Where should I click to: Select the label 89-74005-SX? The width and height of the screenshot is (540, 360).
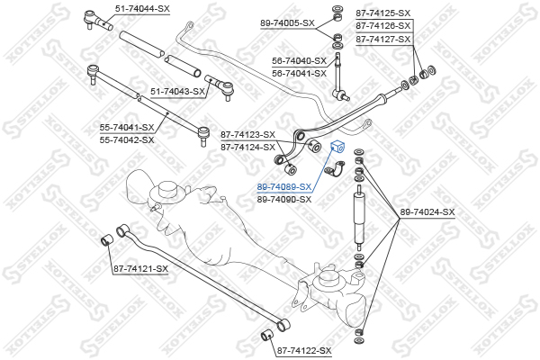[x=288, y=22]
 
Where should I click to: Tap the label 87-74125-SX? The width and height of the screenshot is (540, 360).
[x=382, y=13]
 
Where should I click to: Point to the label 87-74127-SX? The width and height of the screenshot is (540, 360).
[x=382, y=39]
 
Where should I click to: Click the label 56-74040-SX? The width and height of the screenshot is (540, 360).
[x=299, y=60]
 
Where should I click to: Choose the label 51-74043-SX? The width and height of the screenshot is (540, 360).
[x=178, y=91]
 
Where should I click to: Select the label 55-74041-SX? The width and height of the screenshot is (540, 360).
[x=127, y=128]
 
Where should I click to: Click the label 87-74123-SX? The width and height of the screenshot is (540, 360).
[x=247, y=134]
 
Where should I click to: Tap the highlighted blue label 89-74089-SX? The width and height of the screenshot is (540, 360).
[x=284, y=186]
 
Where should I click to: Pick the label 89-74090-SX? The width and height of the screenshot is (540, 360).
[x=284, y=199]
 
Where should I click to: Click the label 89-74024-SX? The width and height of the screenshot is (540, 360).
[x=427, y=211]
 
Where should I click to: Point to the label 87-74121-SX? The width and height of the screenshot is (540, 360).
[x=140, y=268]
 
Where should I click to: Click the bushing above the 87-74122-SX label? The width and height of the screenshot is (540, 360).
[x=265, y=336]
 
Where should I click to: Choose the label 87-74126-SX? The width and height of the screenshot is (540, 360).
[x=382, y=26]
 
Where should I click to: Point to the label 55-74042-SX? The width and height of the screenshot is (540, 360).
[x=127, y=139]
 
